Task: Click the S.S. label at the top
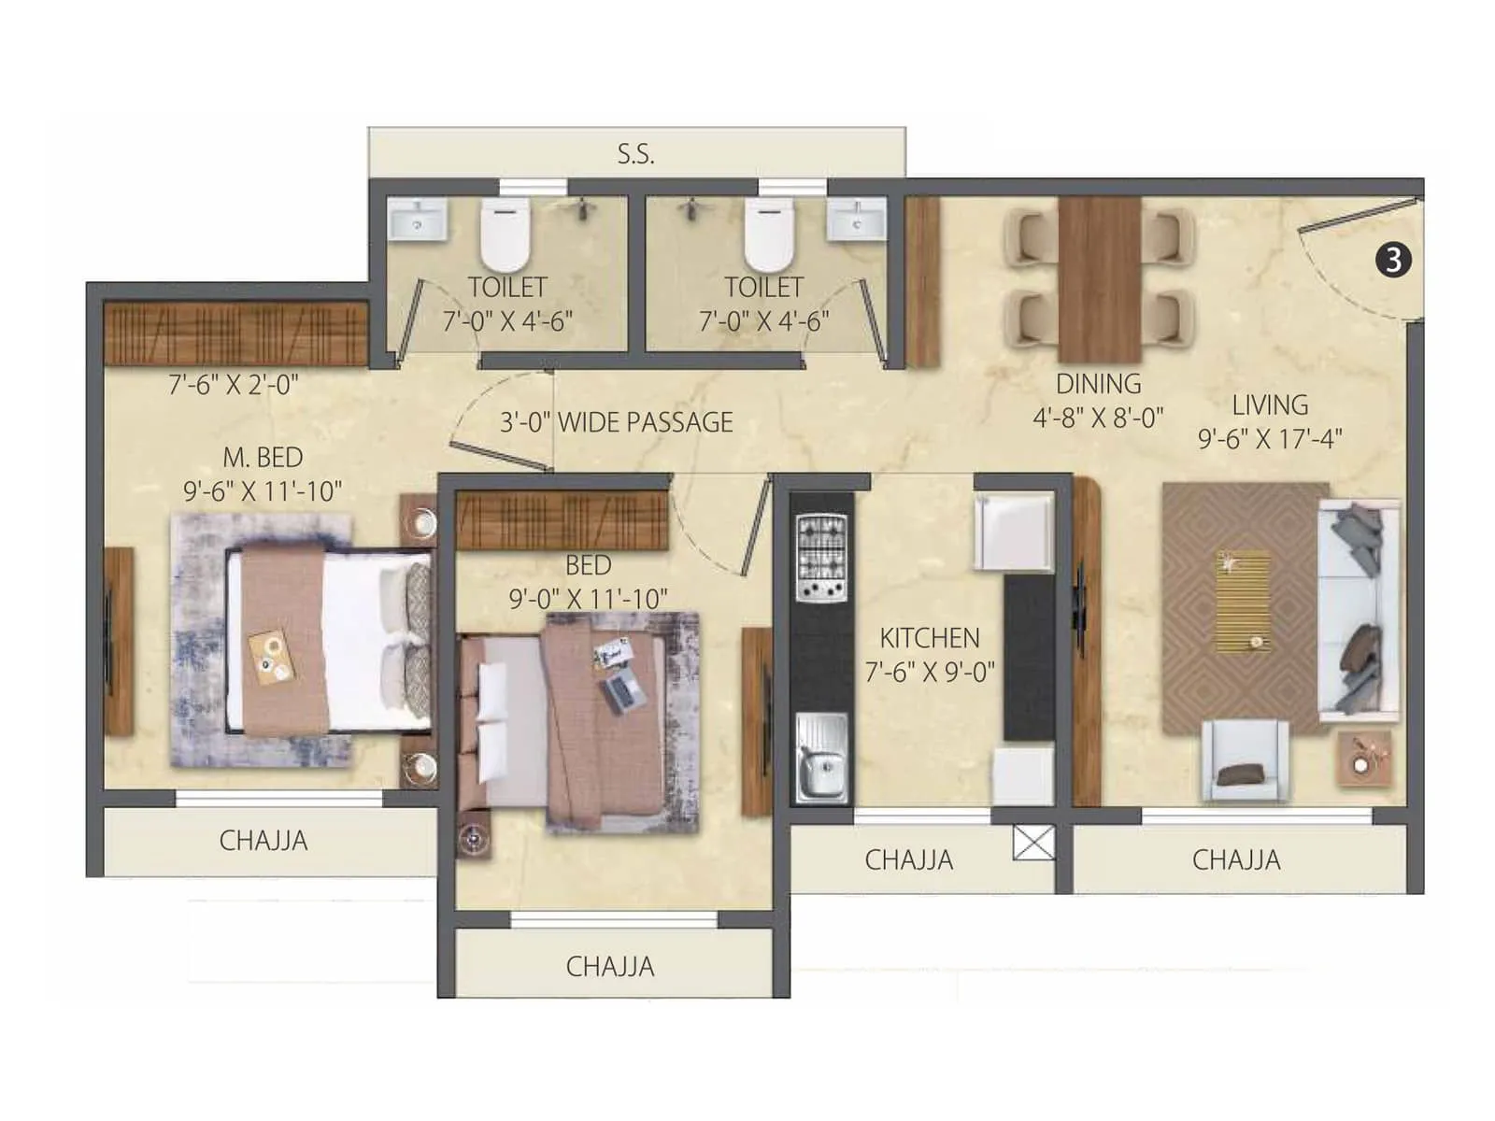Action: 635,154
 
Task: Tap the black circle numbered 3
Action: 1393,260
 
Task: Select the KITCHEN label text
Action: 930,638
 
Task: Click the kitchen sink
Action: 821,759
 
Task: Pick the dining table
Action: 1099,278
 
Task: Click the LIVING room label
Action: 1270,404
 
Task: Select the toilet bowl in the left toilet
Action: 505,234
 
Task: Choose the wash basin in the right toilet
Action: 855,220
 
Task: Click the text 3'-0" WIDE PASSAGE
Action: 617,422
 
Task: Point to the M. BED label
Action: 263,457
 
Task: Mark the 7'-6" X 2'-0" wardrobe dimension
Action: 233,384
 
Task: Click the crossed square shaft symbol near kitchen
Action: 1033,843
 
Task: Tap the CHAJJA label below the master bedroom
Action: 263,841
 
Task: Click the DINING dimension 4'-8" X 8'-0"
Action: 1098,418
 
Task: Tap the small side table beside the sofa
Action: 1364,757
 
